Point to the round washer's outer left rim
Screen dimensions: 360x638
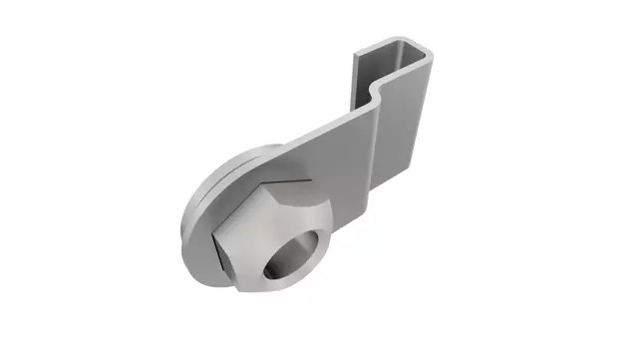point(193,224)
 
